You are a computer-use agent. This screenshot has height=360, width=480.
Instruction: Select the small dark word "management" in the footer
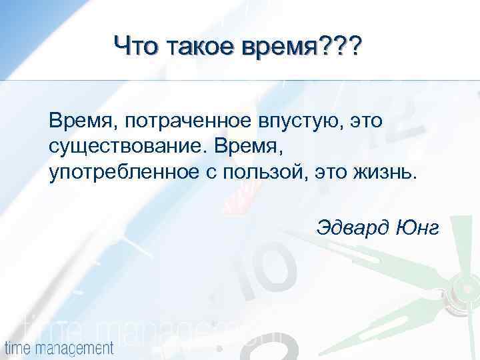pos(73,347)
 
